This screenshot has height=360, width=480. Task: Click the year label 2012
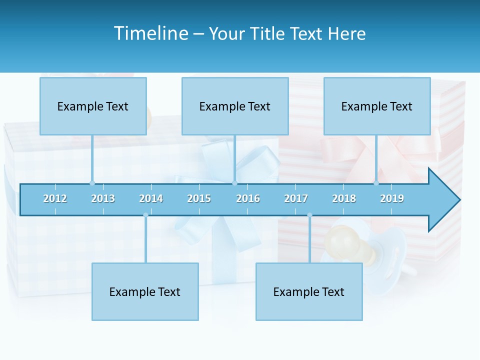pyautogui.click(x=55, y=198)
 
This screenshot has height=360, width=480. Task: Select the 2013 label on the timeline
pyautogui.click(x=103, y=198)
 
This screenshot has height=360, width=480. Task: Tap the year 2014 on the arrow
pyautogui.click(x=151, y=198)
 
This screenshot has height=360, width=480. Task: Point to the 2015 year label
pyautogui.click(x=199, y=198)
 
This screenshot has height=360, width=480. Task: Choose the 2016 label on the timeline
pyautogui.click(x=248, y=198)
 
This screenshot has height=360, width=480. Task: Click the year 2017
pyautogui.click(x=296, y=198)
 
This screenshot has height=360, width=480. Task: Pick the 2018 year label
pyautogui.click(x=344, y=198)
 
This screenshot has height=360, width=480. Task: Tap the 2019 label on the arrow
pyautogui.click(x=392, y=198)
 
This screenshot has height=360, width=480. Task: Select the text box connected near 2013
pyautogui.click(x=93, y=106)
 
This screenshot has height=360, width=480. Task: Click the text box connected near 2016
pyautogui.click(x=235, y=106)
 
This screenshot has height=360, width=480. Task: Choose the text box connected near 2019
pyautogui.click(x=377, y=106)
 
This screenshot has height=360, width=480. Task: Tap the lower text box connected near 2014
pyautogui.click(x=145, y=291)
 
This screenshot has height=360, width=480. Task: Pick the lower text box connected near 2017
pyautogui.click(x=309, y=291)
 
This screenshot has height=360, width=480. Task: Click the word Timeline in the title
pyautogui.click(x=151, y=33)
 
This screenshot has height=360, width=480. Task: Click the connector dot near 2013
pyautogui.click(x=92, y=183)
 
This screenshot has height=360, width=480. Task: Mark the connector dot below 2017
pyautogui.click(x=309, y=215)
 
